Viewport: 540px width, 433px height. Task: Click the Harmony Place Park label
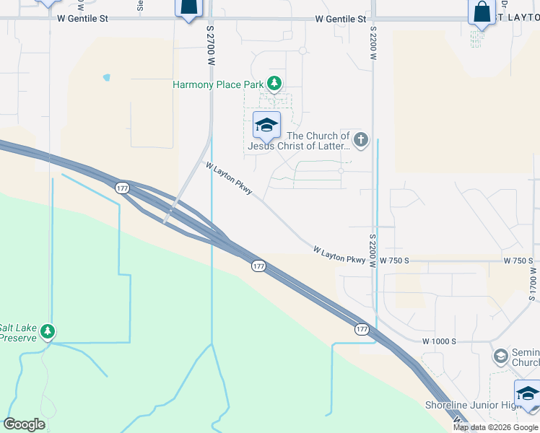[218, 84]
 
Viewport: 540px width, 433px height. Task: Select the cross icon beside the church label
[361, 140]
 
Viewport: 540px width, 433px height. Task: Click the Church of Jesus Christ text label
[299, 141]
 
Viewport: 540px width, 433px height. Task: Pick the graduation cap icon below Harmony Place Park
[266, 126]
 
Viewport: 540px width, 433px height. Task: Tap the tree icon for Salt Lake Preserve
[48, 332]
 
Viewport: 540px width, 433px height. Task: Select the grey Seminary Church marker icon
[500, 357]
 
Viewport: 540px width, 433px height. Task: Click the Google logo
[24, 424]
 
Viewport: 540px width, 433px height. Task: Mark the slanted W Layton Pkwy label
[229, 178]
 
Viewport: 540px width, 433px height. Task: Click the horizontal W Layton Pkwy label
[339, 255]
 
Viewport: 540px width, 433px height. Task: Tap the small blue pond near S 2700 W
[107, 77]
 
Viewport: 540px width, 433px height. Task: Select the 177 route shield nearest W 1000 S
[362, 329]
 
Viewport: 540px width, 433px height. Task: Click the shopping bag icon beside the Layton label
[481, 13]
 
